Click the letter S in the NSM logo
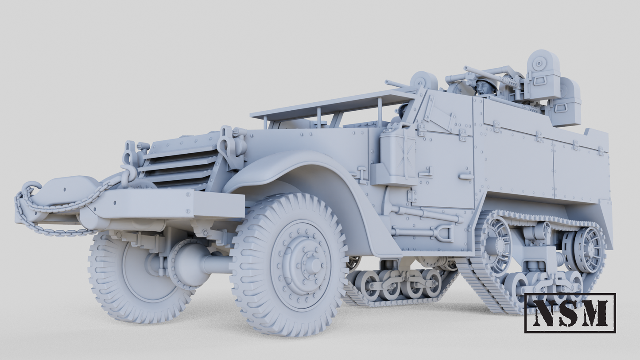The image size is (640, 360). pos(569,313)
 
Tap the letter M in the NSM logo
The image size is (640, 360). pos(595,313)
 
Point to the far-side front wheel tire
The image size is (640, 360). pos(111,283)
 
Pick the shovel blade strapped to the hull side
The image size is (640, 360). pos(444,233)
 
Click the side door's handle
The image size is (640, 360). pos(466,177)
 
